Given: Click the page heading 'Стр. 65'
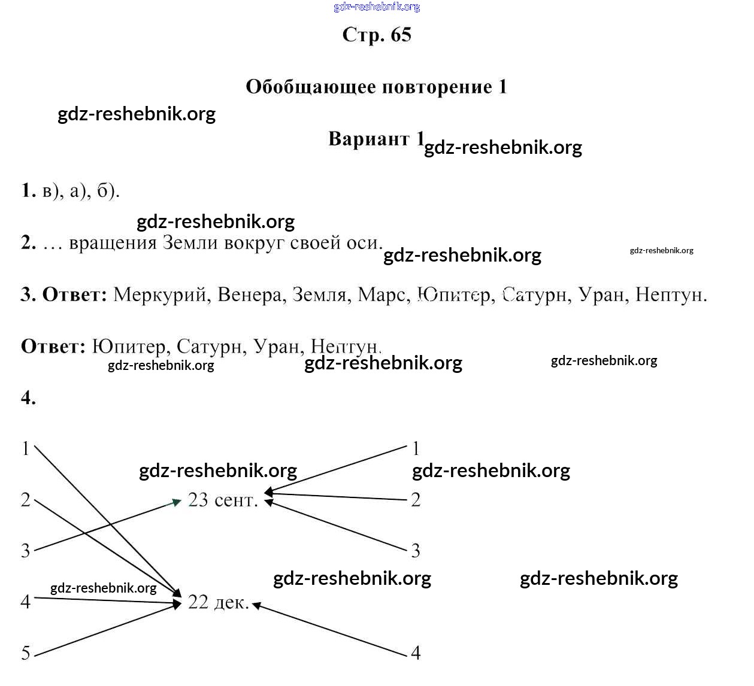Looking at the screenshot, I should [x=377, y=35].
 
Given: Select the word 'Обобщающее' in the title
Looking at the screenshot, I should [x=310, y=87].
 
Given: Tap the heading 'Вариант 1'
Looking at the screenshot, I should [x=376, y=139].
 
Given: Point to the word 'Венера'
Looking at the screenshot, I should [x=251, y=295].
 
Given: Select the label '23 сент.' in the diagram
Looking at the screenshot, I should [x=223, y=499].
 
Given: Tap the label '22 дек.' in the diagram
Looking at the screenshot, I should [x=218, y=602].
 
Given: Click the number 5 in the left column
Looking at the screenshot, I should [x=26, y=652].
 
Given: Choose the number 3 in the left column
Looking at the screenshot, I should [x=26, y=550].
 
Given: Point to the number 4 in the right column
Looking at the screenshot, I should [x=416, y=652].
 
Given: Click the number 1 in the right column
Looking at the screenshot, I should [x=416, y=448].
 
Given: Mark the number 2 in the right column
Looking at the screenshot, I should [x=416, y=499].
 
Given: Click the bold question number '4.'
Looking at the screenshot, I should [x=28, y=397].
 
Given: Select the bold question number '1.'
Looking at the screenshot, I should [x=28, y=190].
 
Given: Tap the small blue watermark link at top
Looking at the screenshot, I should [x=377, y=7].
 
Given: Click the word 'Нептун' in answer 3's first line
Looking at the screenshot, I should [x=670, y=295].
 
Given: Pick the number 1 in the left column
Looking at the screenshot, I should [x=26, y=448].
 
